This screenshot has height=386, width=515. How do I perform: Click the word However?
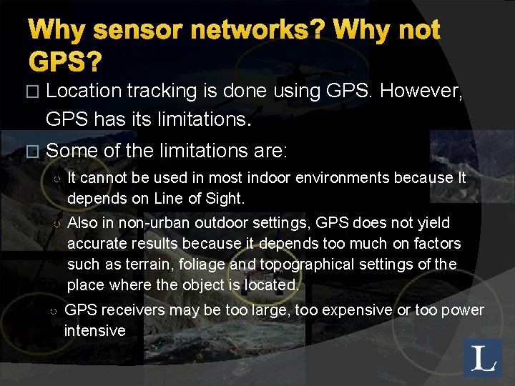click(423, 91)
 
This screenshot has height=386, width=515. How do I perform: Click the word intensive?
click(94, 331)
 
